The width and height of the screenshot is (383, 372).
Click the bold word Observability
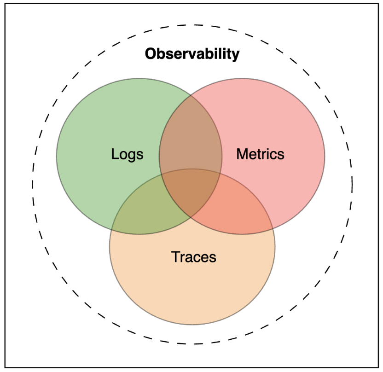(192, 54)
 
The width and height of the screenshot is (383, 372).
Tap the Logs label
(127, 154)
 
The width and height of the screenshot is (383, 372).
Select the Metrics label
(260, 154)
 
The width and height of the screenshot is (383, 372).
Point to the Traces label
(193, 256)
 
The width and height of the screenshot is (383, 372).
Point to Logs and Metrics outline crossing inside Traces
(191, 217)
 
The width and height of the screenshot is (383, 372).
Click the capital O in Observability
(151, 54)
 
